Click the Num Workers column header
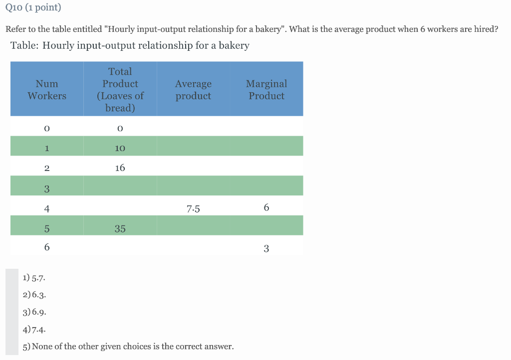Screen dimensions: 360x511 (x=47, y=90)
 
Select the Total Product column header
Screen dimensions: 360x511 (x=120, y=90)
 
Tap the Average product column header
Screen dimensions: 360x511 (x=193, y=90)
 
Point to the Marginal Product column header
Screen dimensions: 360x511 (x=266, y=90)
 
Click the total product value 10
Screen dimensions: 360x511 (x=120, y=148)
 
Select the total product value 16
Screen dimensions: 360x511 (x=120, y=168)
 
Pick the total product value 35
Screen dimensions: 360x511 (x=120, y=229)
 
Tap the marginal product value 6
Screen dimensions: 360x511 (x=266, y=207)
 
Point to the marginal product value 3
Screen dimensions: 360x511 (x=266, y=248)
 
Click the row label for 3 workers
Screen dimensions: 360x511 (x=47, y=188)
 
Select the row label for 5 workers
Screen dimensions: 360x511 (x=47, y=229)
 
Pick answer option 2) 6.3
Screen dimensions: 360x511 (x=35, y=294)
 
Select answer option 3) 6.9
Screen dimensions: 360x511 (x=35, y=312)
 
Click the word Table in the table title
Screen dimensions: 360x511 (x=24, y=45)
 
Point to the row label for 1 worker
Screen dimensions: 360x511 (x=47, y=148)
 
